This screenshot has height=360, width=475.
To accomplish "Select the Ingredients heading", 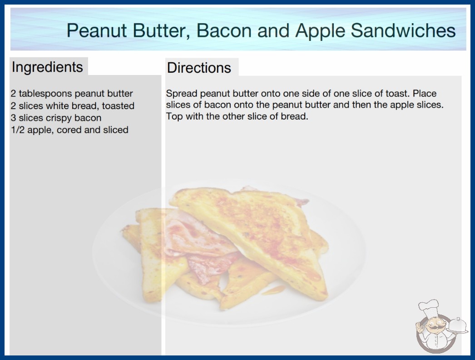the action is click(x=47, y=67).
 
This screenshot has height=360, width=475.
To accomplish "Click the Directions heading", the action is click(x=199, y=68).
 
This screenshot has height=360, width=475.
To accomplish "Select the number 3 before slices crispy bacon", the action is click(x=13, y=118).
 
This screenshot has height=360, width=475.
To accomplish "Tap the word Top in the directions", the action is click(x=174, y=116).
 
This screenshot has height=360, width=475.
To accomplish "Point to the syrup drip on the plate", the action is click(x=273, y=290).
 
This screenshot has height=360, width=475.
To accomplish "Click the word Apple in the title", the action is click(x=320, y=30).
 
